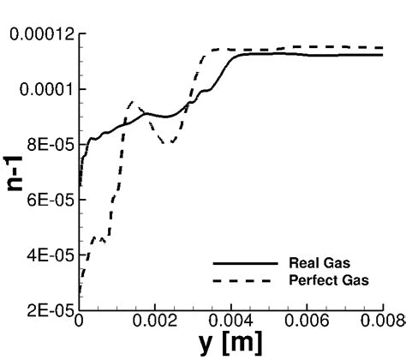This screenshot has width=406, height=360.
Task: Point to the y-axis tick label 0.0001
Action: tap(45, 89)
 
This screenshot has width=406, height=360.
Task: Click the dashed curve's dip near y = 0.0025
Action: tap(172, 142)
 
